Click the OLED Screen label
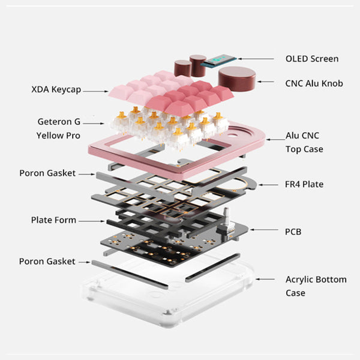[311, 59]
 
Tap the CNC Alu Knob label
[314, 83]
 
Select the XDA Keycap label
[56, 90]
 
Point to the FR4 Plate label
[304, 184]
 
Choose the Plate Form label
[53, 220]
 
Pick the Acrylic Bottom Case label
[307, 286]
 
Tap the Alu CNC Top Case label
[305, 143]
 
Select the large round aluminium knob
[236, 78]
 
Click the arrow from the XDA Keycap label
[96, 91]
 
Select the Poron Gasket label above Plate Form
[47, 173]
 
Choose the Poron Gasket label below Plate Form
[47, 262]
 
